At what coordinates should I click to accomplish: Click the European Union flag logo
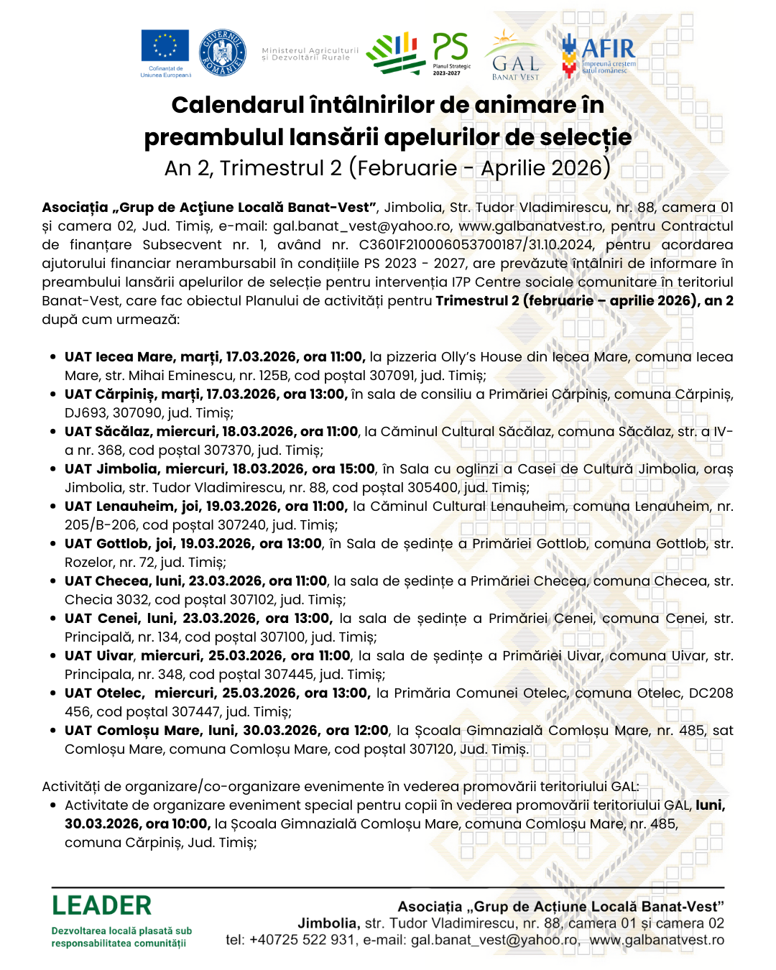165,47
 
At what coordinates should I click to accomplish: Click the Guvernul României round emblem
222,52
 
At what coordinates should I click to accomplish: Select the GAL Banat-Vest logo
514,57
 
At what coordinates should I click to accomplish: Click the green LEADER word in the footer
101,905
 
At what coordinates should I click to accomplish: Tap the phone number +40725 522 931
302,940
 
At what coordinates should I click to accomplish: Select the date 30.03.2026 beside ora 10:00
101,824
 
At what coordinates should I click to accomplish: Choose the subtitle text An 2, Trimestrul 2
253,168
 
